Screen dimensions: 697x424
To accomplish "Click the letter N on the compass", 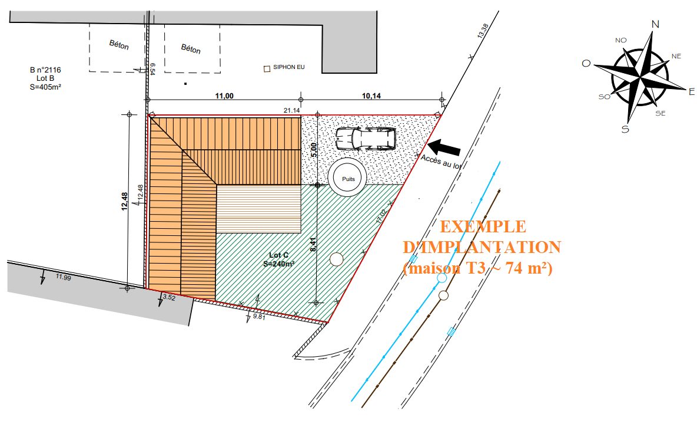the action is click(655, 24).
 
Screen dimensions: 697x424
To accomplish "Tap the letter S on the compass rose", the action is click(625, 129).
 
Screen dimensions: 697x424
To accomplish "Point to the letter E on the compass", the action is click(691, 92).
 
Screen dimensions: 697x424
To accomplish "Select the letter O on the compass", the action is click(586, 63).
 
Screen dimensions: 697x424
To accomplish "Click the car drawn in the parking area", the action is click(366, 138).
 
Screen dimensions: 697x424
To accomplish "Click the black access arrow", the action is click(444, 147).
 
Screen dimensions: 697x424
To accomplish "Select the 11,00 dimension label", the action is click(224, 96).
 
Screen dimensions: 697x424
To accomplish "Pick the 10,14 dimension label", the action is click(371, 96).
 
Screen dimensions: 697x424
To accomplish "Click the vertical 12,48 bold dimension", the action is click(124, 201).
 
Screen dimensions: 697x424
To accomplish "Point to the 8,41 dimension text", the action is click(313, 245).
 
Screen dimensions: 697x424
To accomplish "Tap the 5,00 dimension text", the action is click(314, 150).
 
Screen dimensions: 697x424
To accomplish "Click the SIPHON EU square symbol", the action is click(267, 69).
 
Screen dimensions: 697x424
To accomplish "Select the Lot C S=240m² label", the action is click(278, 259).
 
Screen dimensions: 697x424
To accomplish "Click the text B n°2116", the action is click(45, 70).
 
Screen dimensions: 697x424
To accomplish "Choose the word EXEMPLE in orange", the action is click(483, 226).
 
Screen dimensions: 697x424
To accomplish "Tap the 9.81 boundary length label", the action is click(258, 317).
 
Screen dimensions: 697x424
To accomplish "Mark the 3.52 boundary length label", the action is click(169, 298).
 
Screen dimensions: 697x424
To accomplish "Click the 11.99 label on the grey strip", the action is click(63, 277).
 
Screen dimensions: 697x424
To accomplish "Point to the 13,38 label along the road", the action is click(483, 31).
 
